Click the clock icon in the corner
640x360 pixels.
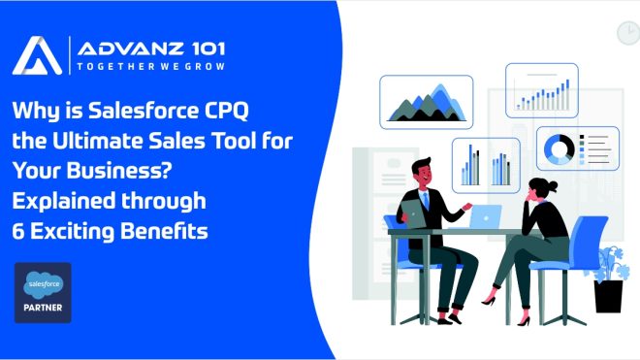tap(626, 32)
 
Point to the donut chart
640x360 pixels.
tap(560, 148)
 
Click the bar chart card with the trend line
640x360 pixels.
tap(541, 88)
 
